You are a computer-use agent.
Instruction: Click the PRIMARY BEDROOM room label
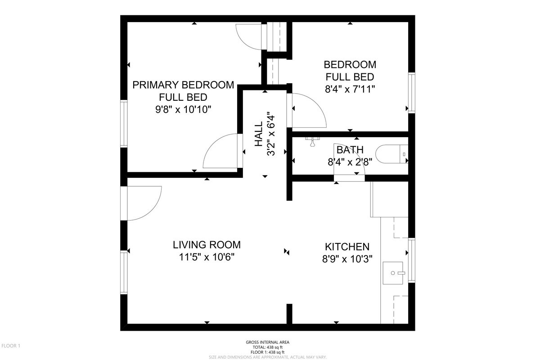click(183, 85)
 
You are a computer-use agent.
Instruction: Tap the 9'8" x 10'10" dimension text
click(183, 110)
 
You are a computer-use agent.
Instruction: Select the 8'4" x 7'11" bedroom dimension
click(350, 89)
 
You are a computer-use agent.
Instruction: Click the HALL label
click(258, 134)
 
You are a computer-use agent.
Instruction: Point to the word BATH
click(350, 150)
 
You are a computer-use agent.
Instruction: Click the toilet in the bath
click(391, 154)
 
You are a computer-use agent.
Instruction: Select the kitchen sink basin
click(393, 273)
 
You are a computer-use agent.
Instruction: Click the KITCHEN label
click(347, 247)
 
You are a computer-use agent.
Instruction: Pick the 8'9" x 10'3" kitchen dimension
click(347, 259)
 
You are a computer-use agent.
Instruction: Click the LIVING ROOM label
click(207, 245)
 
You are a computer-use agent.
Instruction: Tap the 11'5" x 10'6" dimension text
click(207, 257)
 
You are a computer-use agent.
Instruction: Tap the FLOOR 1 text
click(11, 346)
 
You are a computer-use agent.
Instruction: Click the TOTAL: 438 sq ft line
click(268, 347)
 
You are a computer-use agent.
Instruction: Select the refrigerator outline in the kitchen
click(389, 199)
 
